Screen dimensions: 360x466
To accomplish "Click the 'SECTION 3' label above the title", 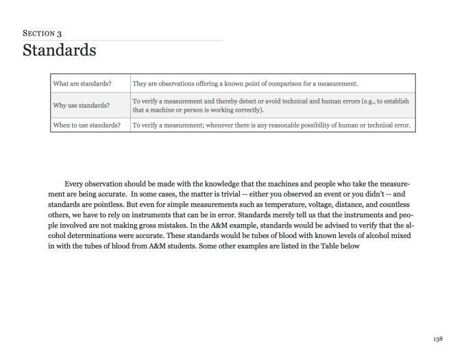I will [40, 33].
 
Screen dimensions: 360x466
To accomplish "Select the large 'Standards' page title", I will [59, 51].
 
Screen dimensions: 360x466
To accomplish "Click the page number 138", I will [438, 339].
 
